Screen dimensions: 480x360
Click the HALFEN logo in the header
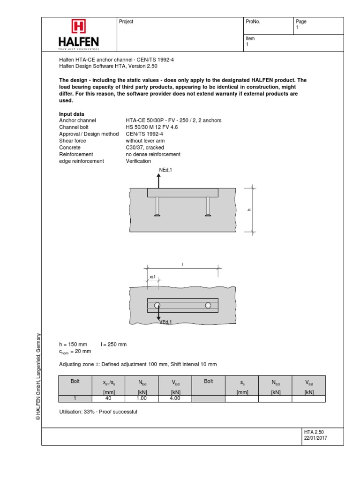click(78, 34)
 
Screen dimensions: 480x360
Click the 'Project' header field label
click(127, 22)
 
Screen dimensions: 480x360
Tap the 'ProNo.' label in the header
click(253, 22)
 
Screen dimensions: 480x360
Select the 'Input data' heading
click(71, 114)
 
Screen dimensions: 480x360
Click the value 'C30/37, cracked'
click(145, 148)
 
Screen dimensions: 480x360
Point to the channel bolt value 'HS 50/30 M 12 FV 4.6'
click(151, 127)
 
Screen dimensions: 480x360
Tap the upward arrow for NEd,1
click(158, 180)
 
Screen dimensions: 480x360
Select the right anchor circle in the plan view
click(208, 305)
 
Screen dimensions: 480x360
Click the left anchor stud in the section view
click(157, 207)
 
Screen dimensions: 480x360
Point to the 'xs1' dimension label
click(152, 277)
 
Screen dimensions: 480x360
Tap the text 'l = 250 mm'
click(114, 344)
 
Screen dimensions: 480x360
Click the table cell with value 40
click(109, 398)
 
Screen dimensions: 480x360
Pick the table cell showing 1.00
click(142, 398)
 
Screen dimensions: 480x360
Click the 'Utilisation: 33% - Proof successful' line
click(98, 412)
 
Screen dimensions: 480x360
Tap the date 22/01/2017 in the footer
click(315, 438)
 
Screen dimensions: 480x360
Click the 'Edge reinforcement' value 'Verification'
click(138, 161)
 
